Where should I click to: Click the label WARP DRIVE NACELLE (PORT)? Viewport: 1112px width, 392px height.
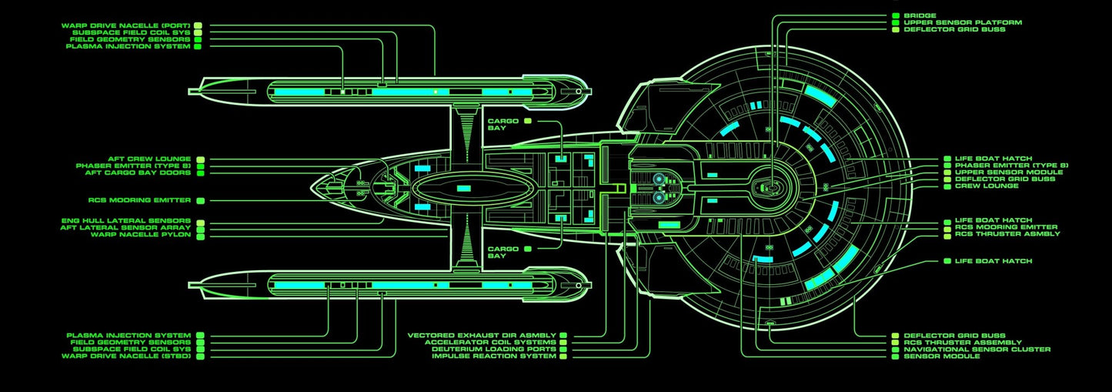[125, 25]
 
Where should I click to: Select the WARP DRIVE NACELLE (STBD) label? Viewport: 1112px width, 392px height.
[125, 357]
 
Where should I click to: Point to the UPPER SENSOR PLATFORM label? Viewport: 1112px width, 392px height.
[963, 22]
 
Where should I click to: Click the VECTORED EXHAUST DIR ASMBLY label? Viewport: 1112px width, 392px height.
[483, 336]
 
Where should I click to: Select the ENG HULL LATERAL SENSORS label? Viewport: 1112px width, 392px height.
[125, 220]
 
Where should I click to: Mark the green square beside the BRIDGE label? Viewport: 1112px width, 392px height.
[895, 15]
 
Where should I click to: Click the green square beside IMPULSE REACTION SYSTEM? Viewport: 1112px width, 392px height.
[563, 357]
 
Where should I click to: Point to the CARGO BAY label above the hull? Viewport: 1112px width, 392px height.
[503, 124]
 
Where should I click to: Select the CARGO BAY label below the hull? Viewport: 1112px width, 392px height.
[503, 253]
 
